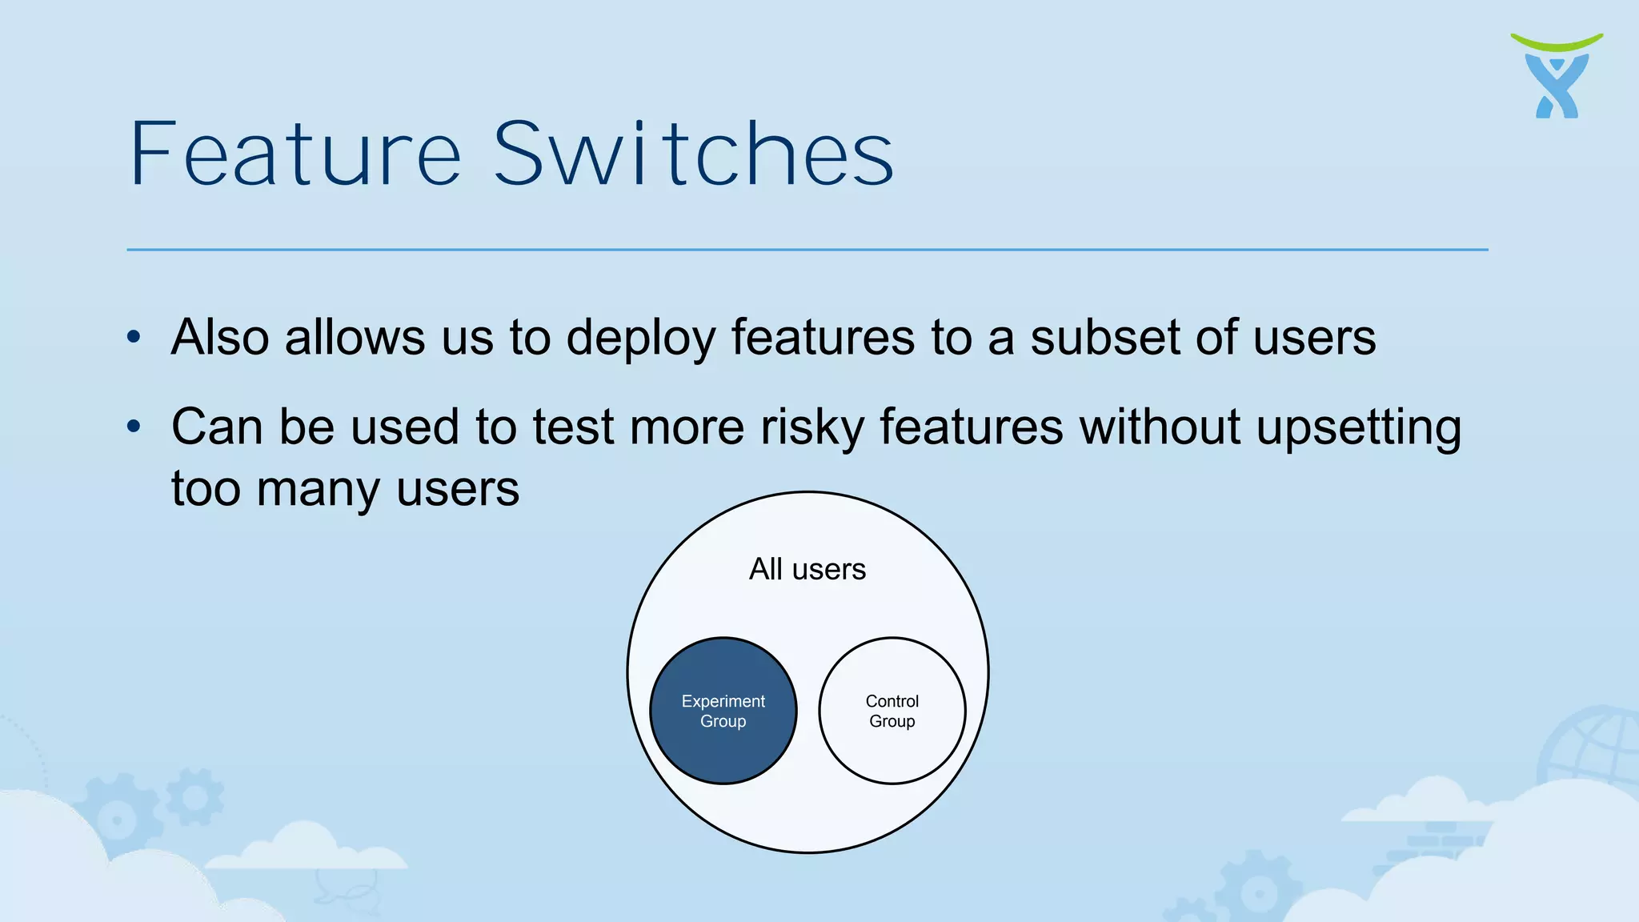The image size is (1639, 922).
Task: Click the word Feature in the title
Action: click(x=295, y=154)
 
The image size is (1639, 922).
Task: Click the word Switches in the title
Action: click(x=693, y=154)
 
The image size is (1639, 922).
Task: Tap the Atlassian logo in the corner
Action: click(x=1557, y=77)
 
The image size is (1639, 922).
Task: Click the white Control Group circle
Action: click(x=892, y=752)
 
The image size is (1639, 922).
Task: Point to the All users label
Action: click(x=807, y=569)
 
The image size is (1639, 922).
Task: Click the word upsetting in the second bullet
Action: click(x=1358, y=427)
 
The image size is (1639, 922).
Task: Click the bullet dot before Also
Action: click(x=134, y=337)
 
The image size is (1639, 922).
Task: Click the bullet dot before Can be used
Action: click(x=134, y=427)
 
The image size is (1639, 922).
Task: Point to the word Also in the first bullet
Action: click(x=220, y=337)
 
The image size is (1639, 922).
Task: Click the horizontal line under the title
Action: click(x=807, y=250)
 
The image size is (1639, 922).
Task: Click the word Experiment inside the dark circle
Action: click(x=723, y=701)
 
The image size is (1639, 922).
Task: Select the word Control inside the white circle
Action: click(x=892, y=701)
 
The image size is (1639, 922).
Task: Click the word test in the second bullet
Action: click(x=573, y=427)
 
